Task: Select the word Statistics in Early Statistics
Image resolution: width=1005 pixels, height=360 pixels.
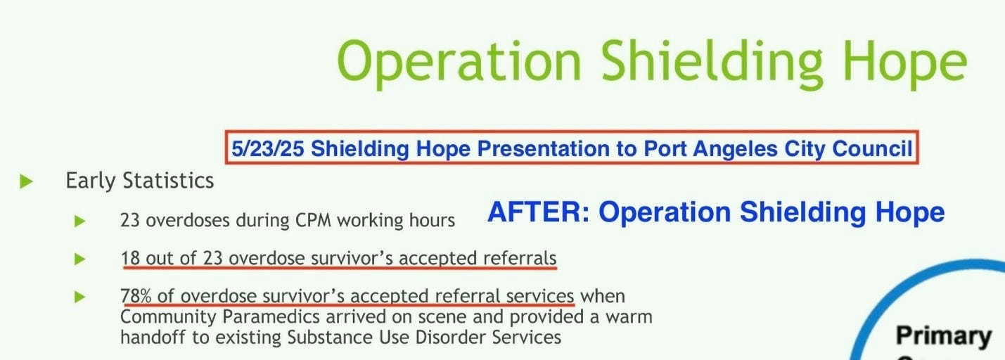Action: click(x=168, y=181)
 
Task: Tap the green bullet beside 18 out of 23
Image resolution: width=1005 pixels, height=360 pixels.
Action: click(x=80, y=259)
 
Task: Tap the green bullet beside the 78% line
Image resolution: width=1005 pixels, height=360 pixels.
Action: click(x=80, y=297)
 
